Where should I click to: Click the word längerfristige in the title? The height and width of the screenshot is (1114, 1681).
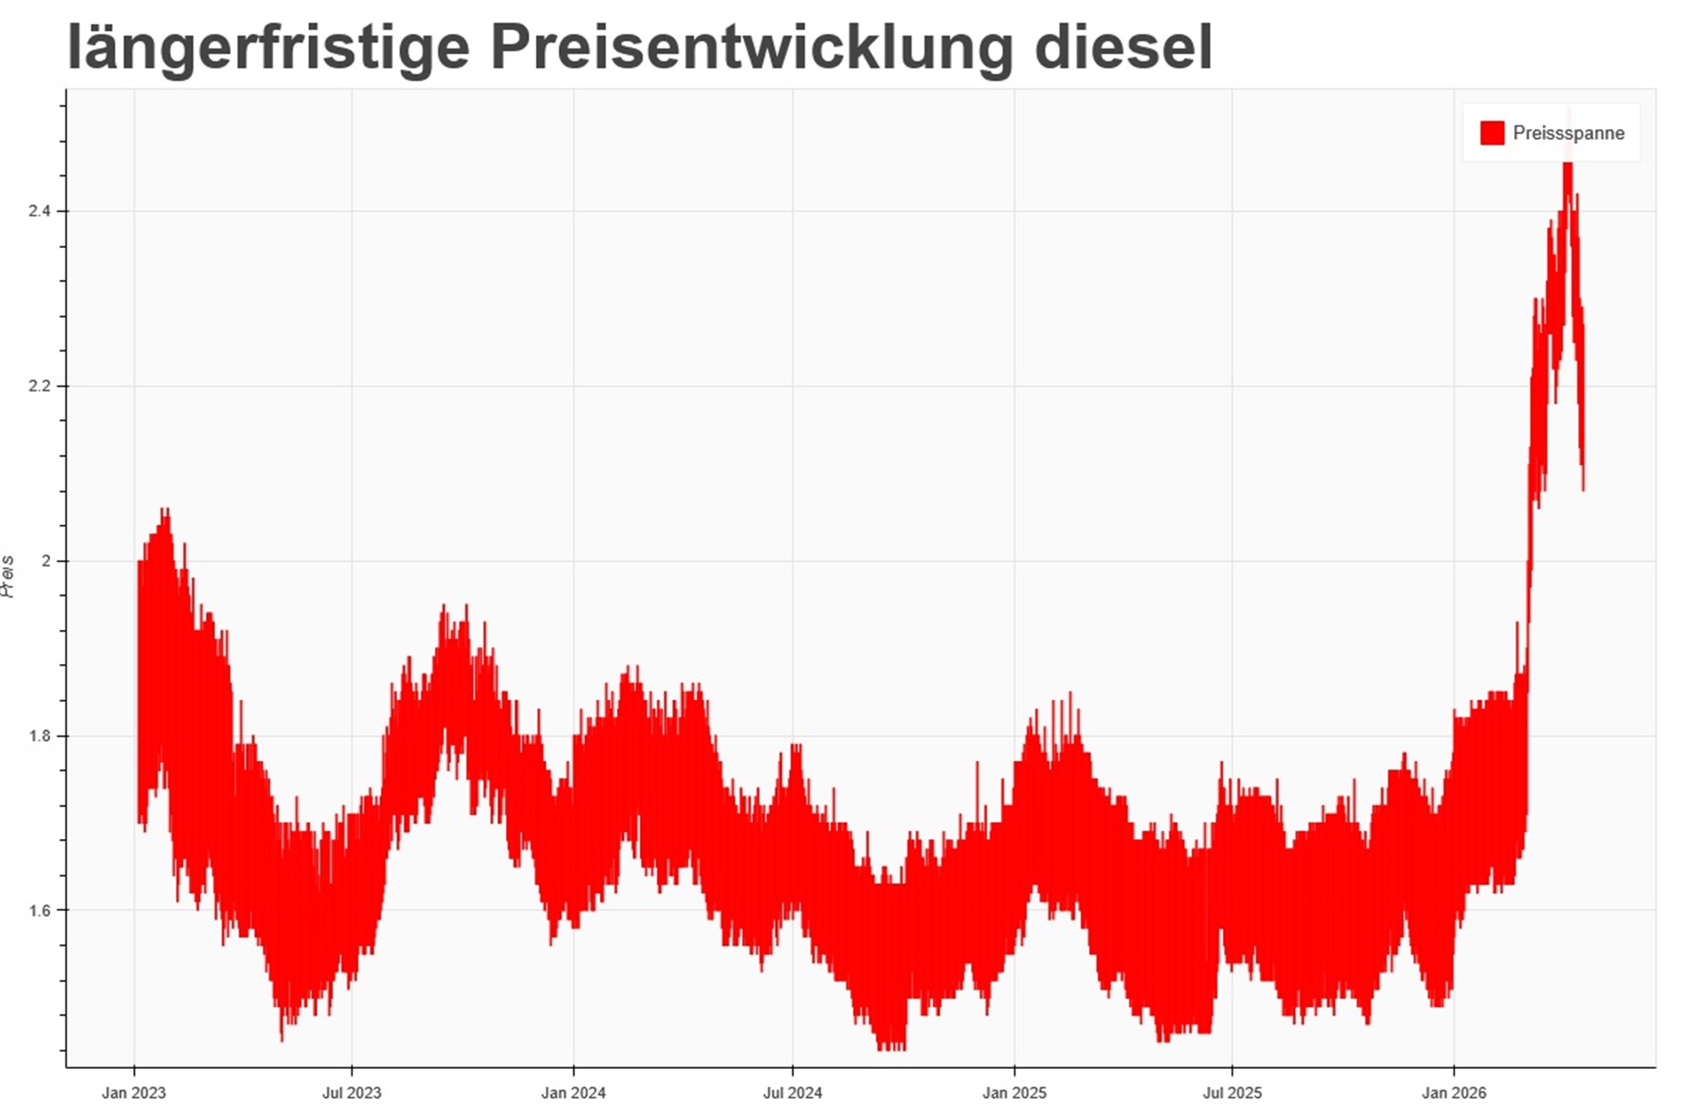(x=268, y=48)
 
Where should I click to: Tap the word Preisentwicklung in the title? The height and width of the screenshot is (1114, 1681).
(x=751, y=48)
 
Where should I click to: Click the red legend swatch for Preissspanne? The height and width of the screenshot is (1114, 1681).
(x=1492, y=133)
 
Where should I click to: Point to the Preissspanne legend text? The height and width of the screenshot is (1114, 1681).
(x=1568, y=133)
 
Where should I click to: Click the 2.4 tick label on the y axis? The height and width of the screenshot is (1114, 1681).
(x=40, y=211)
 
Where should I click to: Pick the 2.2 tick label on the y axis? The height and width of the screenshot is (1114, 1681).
(x=40, y=386)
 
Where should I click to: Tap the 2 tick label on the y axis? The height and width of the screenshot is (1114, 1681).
(x=48, y=561)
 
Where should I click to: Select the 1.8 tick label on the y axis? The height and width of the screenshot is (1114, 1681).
(x=40, y=736)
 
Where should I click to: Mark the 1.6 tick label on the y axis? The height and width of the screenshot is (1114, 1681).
(x=40, y=911)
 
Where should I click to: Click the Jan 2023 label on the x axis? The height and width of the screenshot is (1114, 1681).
(x=134, y=1093)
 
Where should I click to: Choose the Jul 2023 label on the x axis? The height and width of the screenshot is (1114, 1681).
(x=351, y=1093)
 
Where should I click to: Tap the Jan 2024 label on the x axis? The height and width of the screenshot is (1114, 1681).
(x=574, y=1093)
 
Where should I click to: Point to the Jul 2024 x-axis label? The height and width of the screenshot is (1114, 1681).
(x=792, y=1093)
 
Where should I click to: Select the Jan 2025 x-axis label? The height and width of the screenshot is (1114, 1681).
(x=1015, y=1093)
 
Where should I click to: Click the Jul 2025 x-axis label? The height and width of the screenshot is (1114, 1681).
(x=1232, y=1093)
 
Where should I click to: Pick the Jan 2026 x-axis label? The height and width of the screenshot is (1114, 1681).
(x=1454, y=1093)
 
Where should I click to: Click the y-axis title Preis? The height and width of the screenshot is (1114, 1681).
(x=8, y=577)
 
